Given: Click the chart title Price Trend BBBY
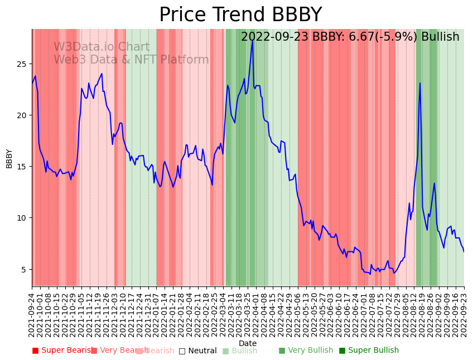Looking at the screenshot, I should click(240, 15).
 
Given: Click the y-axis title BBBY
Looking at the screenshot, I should click(9, 158).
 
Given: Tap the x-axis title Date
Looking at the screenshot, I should click(248, 343).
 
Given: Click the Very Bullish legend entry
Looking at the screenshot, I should click(306, 351).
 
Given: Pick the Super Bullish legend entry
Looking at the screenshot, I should click(369, 351).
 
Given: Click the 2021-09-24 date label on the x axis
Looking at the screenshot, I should click(32, 312).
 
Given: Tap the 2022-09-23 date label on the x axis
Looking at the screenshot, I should click(464, 312).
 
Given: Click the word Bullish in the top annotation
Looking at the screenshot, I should click(440, 37).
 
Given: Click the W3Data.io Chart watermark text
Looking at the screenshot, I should click(102, 47).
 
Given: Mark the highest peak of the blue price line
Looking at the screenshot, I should click(253, 41).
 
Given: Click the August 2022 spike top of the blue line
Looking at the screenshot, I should click(420, 83).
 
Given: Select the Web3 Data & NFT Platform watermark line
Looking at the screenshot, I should click(131, 60).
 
